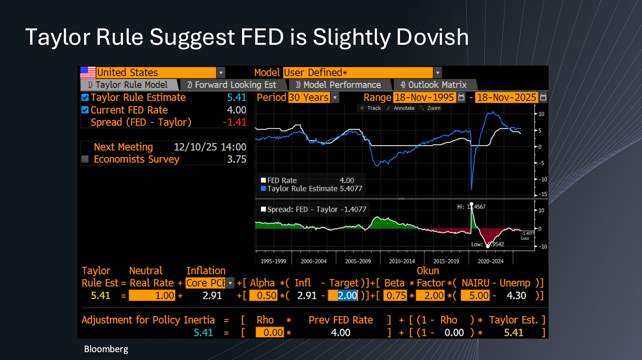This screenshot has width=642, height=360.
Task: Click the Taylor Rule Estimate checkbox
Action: [85, 97]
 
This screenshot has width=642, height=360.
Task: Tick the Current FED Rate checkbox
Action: [85, 110]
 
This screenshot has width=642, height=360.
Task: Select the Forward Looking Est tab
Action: [232, 85]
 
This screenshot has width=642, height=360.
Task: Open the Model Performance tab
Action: [338, 85]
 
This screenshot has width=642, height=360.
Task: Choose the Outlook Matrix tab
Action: [433, 85]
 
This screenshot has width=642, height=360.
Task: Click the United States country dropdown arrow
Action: [221, 73]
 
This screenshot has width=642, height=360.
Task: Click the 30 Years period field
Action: [309, 97]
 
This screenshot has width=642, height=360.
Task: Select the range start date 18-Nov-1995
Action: [424, 97]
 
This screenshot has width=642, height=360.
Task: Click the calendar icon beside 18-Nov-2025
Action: [543, 97]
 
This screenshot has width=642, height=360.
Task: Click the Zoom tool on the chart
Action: [430, 108]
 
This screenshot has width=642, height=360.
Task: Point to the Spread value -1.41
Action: [235, 122]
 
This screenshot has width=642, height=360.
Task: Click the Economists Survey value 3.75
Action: [237, 159]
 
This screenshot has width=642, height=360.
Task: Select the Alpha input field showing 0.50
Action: [263, 295]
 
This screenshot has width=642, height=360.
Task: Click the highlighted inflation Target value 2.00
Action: [343, 295]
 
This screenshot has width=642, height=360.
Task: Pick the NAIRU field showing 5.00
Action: [475, 295]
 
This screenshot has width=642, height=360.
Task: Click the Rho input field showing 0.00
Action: [270, 333]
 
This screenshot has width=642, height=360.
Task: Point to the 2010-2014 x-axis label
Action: [402, 261]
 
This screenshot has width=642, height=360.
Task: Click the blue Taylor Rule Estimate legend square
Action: [263, 189]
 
